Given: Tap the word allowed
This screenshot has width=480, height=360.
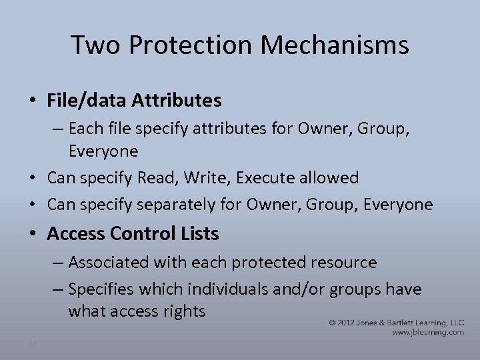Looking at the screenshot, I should (x=331, y=178).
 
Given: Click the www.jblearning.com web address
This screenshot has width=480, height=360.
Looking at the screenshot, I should (x=427, y=332).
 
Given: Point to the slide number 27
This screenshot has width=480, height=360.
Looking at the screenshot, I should (x=33, y=343).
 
